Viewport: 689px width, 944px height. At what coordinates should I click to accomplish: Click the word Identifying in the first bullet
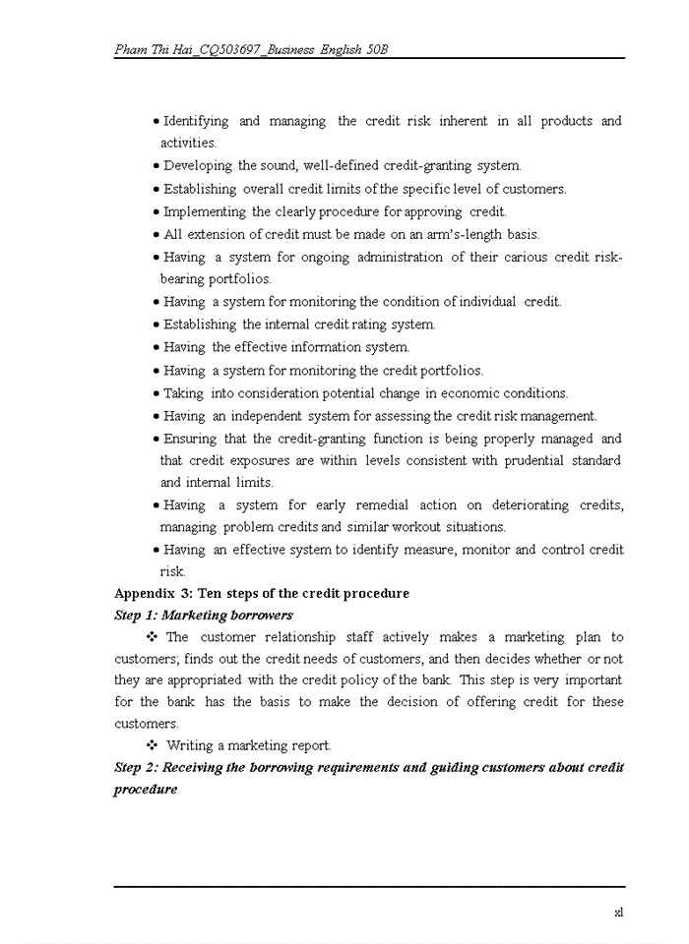pos(196,121)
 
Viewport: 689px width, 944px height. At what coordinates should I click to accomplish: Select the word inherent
pos(463,121)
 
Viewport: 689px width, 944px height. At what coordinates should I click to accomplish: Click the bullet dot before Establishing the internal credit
pos(157,324)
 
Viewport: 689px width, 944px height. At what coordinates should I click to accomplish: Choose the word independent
pos(266,416)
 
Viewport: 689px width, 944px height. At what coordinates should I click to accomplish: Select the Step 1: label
pos(136,616)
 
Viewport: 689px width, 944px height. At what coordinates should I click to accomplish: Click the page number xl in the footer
pos(618,912)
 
